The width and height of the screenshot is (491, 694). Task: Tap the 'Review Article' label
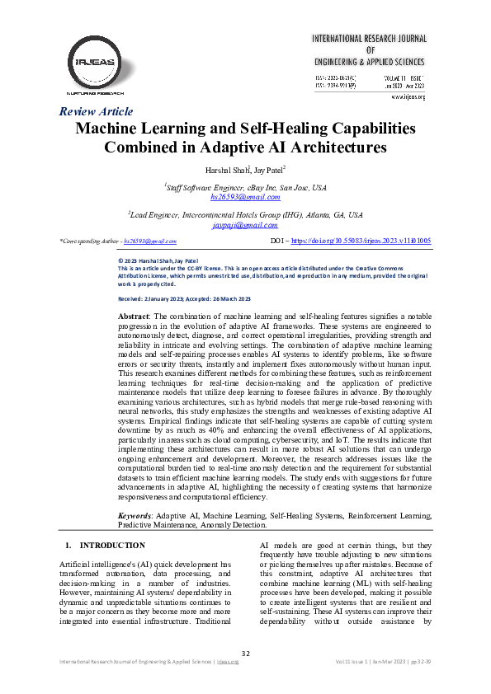[97, 111]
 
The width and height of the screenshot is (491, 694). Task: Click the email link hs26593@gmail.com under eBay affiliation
[245, 199]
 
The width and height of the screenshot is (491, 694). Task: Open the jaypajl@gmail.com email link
[244, 224]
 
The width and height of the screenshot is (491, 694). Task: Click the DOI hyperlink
[360, 241]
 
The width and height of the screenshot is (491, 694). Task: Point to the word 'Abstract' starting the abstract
[134, 317]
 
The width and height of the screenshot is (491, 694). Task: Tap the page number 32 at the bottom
[245, 654]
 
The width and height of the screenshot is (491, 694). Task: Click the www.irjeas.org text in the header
[408, 96]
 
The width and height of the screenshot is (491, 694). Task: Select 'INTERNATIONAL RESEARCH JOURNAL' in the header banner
[369, 39]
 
